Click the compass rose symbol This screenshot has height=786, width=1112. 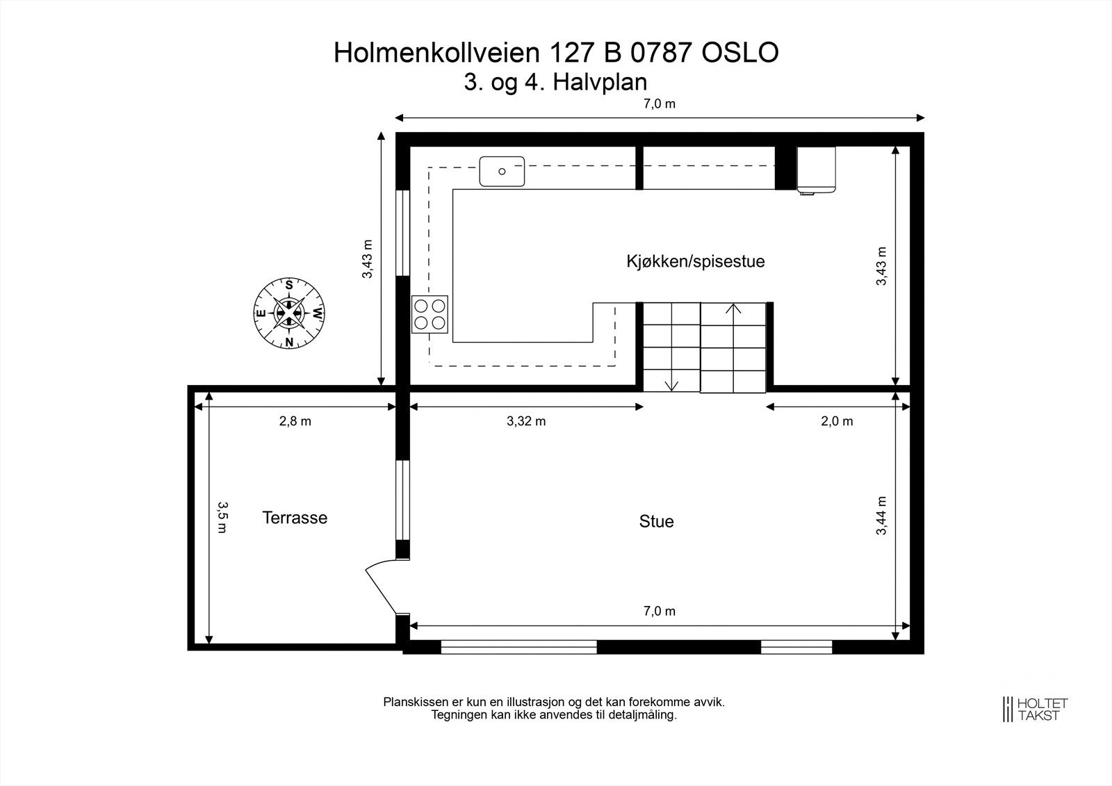pyautogui.click(x=288, y=313)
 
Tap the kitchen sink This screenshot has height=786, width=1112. pyautogui.click(x=501, y=171)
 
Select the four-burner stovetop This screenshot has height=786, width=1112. pyautogui.click(x=430, y=313)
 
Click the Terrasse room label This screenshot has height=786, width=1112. pyautogui.click(x=295, y=518)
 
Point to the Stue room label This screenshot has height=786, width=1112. pyautogui.click(x=656, y=521)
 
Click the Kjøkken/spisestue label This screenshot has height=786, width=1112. pyautogui.click(x=695, y=262)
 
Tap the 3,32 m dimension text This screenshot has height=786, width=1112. pyautogui.click(x=526, y=421)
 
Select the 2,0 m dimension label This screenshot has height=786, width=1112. pyautogui.click(x=837, y=421)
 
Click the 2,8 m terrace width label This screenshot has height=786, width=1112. pyautogui.click(x=295, y=421)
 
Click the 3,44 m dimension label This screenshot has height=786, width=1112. pyautogui.click(x=882, y=515)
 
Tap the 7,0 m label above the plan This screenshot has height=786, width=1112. pyautogui.click(x=659, y=104)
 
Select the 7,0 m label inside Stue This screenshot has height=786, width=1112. pyautogui.click(x=659, y=612)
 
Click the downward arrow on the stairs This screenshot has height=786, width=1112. pyautogui.click(x=671, y=384)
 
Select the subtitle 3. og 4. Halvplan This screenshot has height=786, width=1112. pyautogui.click(x=555, y=82)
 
